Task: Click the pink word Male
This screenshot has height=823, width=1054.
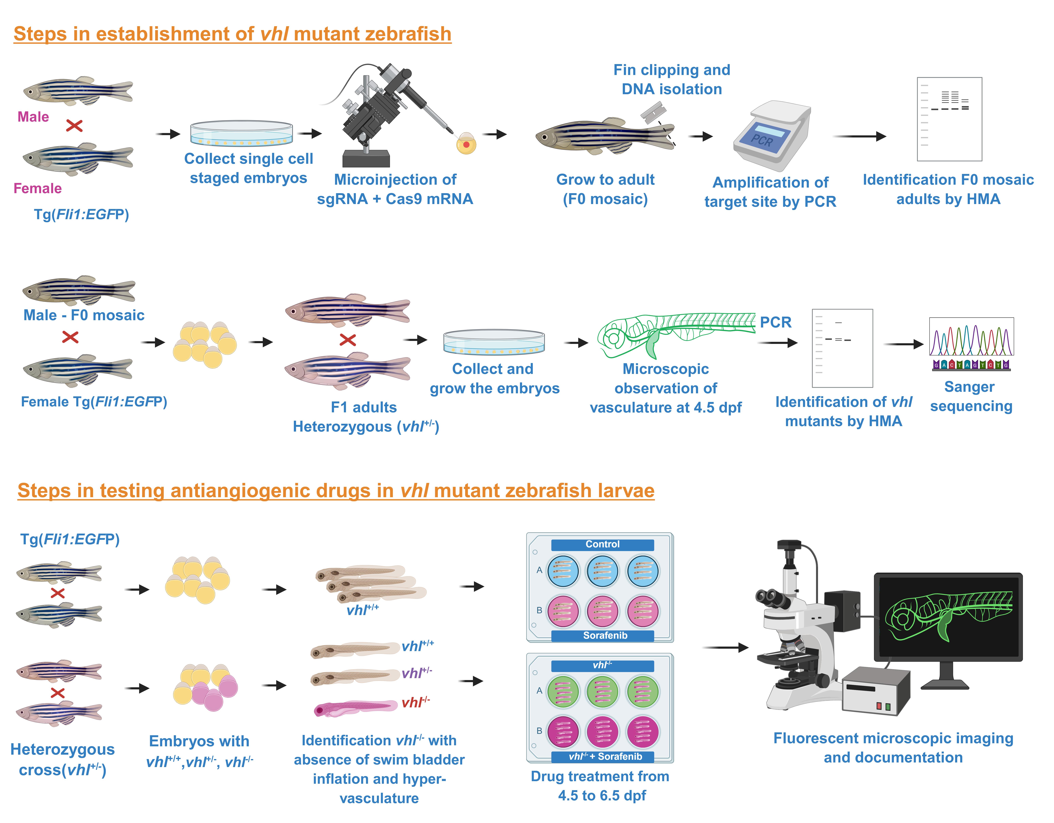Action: pyautogui.click(x=33, y=117)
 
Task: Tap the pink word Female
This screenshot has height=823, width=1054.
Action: pyautogui.click(x=38, y=188)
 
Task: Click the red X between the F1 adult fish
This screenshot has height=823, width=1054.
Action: pyautogui.click(x=347, y=340)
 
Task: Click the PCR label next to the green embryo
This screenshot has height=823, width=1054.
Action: pyautogui.click(x=776, y=322)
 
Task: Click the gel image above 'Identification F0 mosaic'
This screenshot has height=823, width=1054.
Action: pyautogui.click(x=949, y=119)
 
